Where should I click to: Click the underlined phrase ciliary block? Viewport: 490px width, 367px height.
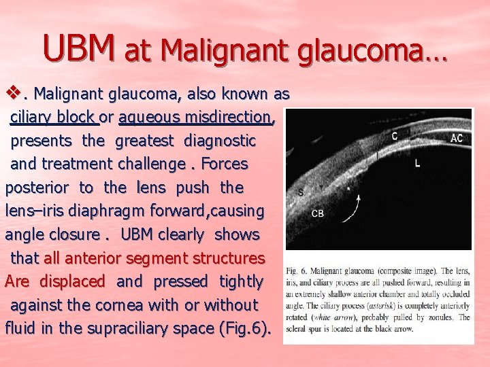coord(54,117)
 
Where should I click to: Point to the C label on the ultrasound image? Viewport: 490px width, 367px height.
coord(395,135)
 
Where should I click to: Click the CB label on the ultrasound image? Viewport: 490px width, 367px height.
coord(317,213)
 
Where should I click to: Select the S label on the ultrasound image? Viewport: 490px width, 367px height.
coord(301,192)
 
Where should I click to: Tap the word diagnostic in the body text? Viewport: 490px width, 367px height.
coord(220,141)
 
